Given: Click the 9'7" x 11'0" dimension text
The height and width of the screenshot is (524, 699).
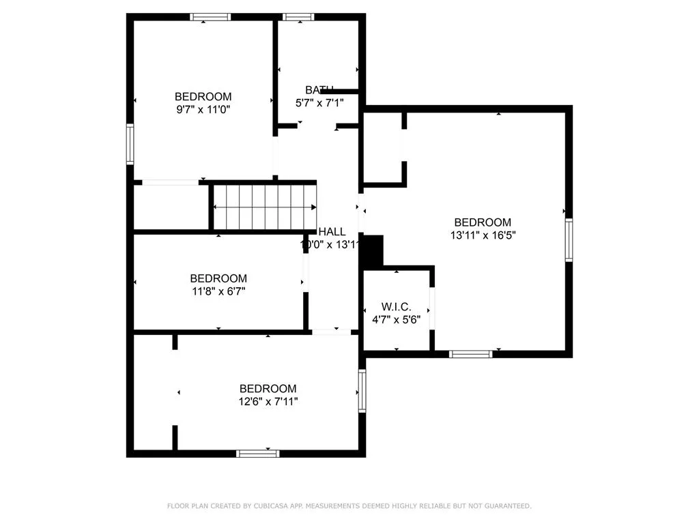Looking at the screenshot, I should pos(203,109).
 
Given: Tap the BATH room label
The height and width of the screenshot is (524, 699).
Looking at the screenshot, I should pos(319,89).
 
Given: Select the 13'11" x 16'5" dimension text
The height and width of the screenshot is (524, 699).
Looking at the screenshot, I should pos(483,235).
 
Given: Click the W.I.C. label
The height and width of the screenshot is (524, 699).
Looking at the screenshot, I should pos(396,307).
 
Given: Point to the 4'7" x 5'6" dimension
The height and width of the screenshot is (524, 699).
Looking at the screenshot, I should pos(396,319).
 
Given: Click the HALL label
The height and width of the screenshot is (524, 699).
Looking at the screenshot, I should pos(332,232).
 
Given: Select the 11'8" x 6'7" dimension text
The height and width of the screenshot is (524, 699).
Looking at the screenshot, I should pos(218,291).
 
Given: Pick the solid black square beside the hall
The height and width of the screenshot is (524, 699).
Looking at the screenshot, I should pos(371,252).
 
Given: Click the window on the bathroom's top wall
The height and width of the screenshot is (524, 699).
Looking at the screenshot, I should pos(298,17).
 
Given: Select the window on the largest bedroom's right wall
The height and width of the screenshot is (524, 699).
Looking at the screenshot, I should pos(569,239).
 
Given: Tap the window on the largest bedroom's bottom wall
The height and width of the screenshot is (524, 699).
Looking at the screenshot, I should pos(471,353).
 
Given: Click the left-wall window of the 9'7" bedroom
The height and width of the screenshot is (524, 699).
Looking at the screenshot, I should pos(130,144).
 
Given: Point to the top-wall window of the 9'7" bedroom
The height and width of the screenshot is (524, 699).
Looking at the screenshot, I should pos(211,17).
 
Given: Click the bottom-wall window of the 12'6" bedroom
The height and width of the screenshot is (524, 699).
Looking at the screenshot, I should pos(258,453).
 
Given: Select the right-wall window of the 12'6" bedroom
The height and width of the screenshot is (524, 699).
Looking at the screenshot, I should pos(362,391).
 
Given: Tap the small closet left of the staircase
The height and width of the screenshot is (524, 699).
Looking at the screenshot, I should pos(170,207).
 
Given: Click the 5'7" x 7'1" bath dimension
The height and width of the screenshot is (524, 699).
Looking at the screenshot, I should pos(319,102).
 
